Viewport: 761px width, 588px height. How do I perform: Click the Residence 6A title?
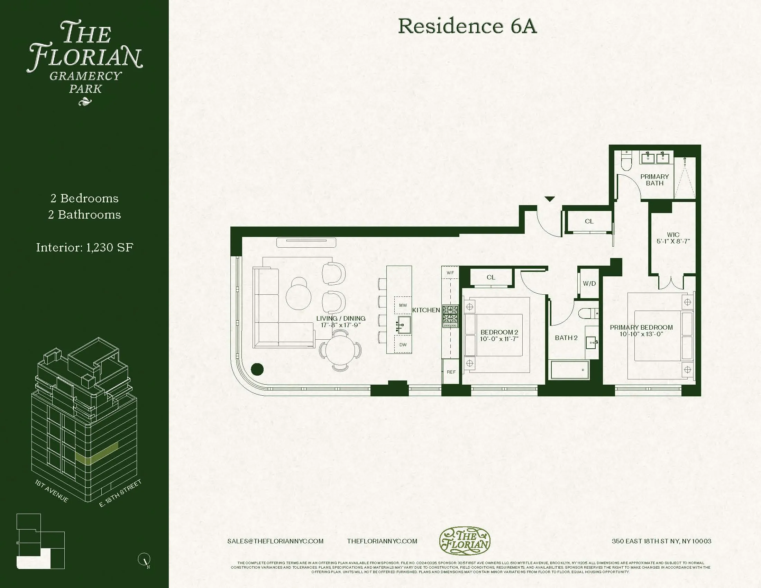coord(467,26)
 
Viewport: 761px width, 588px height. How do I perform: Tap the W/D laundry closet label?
coord(589,284)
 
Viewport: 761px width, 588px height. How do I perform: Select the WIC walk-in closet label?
coord(673,235)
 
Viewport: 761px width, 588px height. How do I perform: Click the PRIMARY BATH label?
coord(654,180)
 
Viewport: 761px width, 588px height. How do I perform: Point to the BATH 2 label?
coord(566,338)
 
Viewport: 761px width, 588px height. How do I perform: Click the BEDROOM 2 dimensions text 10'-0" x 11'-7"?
coord(499,339)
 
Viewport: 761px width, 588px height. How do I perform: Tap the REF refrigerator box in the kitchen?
coord(451,372)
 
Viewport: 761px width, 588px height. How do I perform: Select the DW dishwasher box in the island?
coord(403,344)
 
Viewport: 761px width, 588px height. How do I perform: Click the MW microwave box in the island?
coord(403,305)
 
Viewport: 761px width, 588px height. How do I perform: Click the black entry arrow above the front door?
coord(550,199)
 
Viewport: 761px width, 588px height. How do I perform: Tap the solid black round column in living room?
coord(257,369)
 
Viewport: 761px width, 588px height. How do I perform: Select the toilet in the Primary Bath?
coord(626,163)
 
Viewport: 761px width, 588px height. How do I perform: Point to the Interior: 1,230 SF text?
coord(85,247)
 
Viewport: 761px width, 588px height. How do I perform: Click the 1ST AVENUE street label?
coord(52,491)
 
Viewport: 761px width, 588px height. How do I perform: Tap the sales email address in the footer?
coord(275,541)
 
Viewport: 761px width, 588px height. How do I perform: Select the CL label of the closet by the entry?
coord(589,221)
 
